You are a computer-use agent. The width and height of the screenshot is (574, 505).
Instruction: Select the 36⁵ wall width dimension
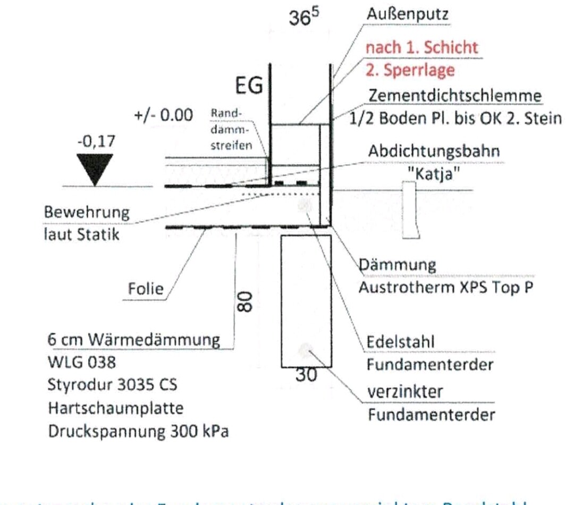pos(304,17)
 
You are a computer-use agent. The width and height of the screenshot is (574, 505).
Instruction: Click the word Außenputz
pos(407,14)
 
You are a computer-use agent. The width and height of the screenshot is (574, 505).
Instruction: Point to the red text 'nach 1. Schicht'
pos(421,47)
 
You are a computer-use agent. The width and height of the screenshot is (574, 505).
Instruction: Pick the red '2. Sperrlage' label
pos(410,70)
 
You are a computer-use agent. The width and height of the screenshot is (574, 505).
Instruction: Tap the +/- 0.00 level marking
pos(163,115)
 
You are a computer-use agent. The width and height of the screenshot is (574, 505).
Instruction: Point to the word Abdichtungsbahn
pos(434,151)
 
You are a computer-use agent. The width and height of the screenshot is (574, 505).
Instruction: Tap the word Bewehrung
pos(87,213)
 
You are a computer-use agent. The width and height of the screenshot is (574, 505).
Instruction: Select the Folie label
pos(146,289)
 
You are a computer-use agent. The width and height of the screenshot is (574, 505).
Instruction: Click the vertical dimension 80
pos(244,301)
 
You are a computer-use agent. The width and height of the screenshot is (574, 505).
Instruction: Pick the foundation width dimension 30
pos(306,375)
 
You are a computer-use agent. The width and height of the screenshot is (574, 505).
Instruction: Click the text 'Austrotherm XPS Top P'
pos(446,288)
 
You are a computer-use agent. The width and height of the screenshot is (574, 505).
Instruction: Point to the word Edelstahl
pos(400,342)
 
